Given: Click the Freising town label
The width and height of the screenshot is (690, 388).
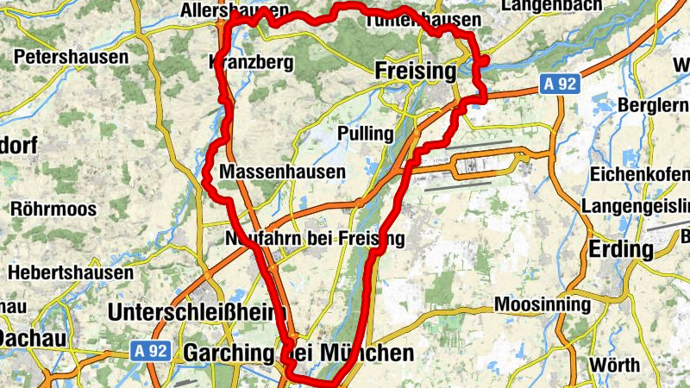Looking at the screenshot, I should pos(416,71).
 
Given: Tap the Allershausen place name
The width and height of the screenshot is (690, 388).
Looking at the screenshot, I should pos(235,10).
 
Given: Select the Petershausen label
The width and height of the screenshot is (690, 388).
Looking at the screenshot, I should pos(72,58).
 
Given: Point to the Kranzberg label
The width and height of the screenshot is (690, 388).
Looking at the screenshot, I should pos(251,62).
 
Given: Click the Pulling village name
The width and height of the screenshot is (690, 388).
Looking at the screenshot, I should pos(366,134).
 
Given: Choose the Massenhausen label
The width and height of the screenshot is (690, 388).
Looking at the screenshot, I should pos(282,172).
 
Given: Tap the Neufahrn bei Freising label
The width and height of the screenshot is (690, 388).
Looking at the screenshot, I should pos(314,237).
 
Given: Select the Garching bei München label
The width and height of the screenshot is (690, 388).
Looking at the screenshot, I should pos(298,353).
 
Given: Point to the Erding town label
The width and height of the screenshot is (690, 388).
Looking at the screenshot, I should pos(621,249).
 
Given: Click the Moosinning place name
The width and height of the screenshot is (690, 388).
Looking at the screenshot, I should pos(543,304).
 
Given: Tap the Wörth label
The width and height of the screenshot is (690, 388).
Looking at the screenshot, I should pos(615,365).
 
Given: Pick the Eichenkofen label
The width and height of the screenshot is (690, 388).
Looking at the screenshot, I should pos(640,173).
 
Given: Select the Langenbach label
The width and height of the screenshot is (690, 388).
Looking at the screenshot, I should pos(549,6).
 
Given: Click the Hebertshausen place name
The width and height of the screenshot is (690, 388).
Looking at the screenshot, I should pos(65,272).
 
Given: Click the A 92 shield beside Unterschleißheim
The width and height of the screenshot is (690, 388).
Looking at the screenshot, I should pos(150,351).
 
